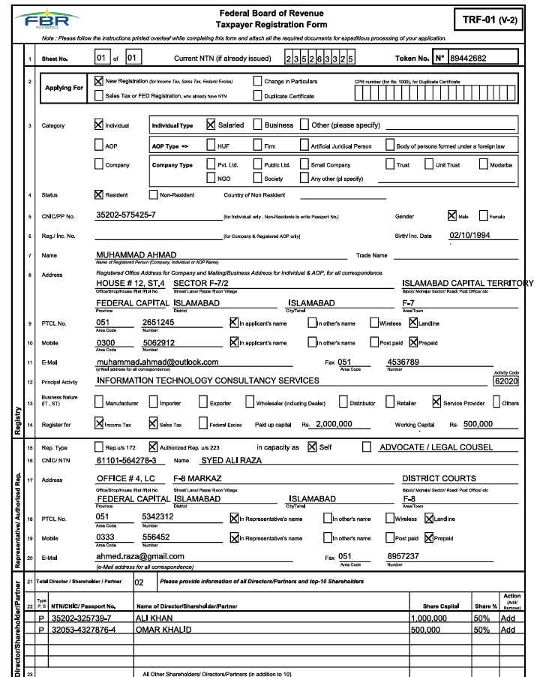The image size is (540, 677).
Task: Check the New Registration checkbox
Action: click(99, 80)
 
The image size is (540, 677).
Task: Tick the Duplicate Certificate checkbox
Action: click(259, 95)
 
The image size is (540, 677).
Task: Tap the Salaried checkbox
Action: click(211, 125)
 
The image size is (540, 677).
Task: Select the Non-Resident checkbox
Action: click(154, 194)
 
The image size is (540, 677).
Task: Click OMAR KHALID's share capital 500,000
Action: click(429, 630)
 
